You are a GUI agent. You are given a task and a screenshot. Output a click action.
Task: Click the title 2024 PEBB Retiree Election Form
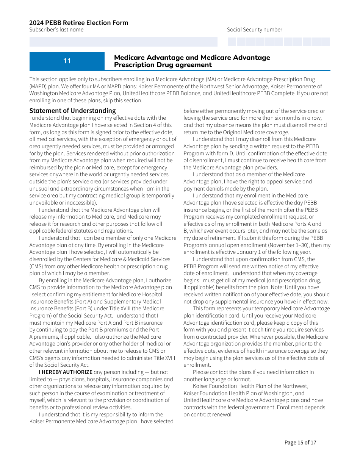click(x=78, y=23)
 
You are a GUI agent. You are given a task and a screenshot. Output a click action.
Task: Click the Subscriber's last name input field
click(x=124, y=42)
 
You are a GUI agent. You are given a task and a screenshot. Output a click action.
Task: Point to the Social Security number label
click(x=254, y=30)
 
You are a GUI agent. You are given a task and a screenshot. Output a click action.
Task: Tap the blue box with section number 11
click(x=67, y=61)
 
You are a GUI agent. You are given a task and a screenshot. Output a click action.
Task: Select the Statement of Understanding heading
click(x=73, y=111)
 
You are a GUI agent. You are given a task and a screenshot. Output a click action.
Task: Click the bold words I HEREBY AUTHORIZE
click(x=66, y=372)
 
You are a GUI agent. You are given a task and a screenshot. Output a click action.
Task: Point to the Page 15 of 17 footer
click(x=300, y=443)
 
